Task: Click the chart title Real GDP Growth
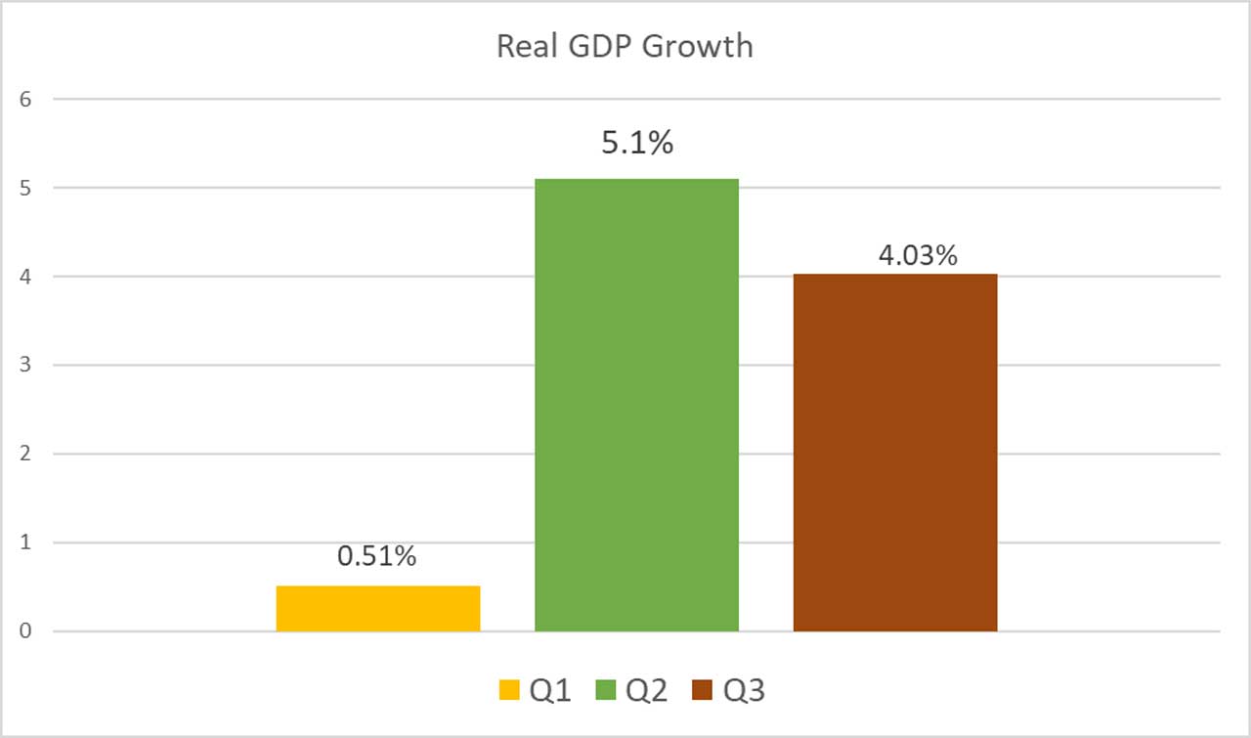pyautogui.click(x=625, y=46)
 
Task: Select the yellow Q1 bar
pyautogui.click(x=378, y=608)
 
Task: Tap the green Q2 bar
pyautogui.click(x=636, y=405)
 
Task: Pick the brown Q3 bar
pyautogui.click(x=895, y=453)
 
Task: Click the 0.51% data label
pyautogui.click(x=377, y=556)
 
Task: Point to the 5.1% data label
pyautogui.click(x=636, y=144)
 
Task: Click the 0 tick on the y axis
pyautogui.click(x=25, y=631)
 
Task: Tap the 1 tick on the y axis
pyautogui.click(x=25, y=543)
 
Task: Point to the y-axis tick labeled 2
pyautogui.click(x=25, y=454)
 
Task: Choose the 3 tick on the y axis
pyautogui.click(x=25, y=366)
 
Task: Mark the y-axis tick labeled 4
pyautogui.click(x=25, y=277)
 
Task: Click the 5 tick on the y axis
pyautogui.click(x=25, y=188)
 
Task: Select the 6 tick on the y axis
pyautogui.click(x=25, y=99)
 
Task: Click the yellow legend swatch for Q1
pyautogui.click(x=509, y=691)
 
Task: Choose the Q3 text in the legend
pyautogui.click(x=745, y=691)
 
